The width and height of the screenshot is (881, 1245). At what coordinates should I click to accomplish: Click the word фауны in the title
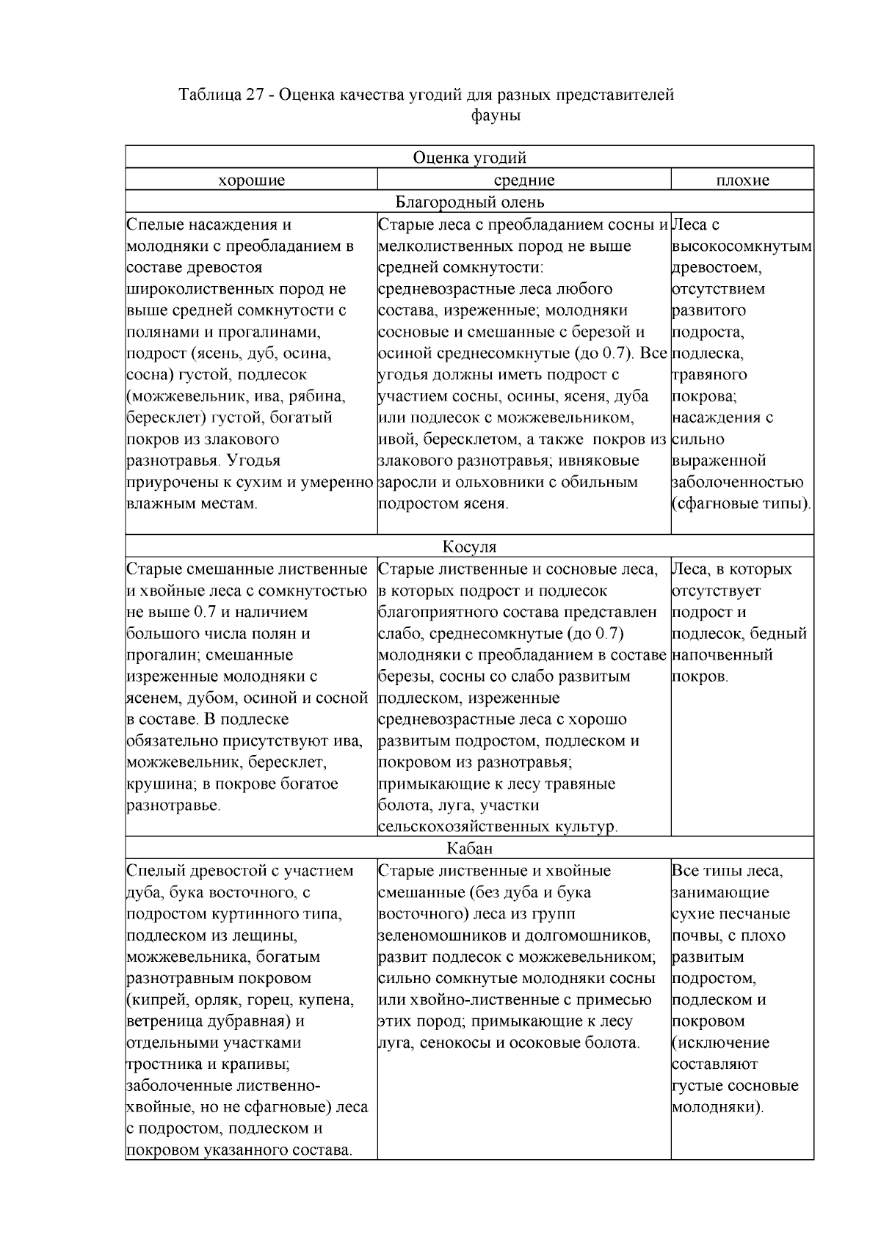[496, 116]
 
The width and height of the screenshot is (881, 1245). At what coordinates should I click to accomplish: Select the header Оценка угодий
[469, 158]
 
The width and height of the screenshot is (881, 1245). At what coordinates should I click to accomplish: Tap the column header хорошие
[251, 180]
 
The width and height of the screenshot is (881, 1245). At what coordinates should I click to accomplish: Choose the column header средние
[523, 180]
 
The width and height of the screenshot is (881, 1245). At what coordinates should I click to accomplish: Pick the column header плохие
[742, 180]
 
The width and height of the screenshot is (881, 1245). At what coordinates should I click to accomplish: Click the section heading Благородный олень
[469, 202]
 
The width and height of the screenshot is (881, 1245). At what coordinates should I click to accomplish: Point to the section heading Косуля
[469, 547]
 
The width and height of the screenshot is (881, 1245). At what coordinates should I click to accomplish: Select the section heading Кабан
[469, 849]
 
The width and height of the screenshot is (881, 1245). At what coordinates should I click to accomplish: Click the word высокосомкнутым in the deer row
[742, 246]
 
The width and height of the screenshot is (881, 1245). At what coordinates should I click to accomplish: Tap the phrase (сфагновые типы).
[742, 504]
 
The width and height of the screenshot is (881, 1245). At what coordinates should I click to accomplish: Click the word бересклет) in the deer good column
[166, 417]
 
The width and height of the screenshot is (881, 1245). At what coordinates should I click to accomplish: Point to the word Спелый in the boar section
[151, 871]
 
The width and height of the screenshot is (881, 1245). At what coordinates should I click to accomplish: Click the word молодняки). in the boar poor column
[718, 1107]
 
